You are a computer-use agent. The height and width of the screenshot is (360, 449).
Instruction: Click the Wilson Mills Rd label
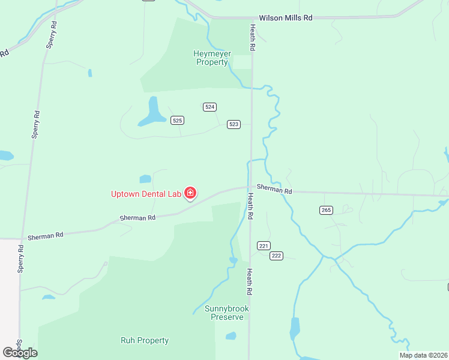click(286, 18)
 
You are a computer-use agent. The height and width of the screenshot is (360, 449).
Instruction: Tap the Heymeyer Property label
click(212, 58)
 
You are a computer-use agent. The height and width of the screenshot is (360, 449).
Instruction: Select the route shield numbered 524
click(209, 107)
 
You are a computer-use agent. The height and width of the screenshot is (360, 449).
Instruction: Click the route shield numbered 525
click(176, 121)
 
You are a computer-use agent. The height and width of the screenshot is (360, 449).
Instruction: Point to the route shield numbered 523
click(234, 124)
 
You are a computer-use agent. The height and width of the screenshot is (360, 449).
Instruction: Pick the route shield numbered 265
click(326, 210)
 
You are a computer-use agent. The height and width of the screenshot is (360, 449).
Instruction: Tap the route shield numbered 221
click(264, 245)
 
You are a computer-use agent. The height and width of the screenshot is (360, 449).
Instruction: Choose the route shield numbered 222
click(276, 256)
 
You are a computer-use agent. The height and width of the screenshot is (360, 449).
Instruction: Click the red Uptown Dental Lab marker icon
click(190, 193)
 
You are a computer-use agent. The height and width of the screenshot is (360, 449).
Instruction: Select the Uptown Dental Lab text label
click(146, 194)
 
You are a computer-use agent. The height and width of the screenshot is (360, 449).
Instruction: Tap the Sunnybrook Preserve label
click(227, 313)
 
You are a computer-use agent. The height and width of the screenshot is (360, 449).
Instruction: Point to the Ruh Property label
click(145, 341)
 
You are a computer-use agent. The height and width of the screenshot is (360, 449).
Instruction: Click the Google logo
click(20, 353)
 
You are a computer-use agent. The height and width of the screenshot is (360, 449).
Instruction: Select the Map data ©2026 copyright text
click(424, 355)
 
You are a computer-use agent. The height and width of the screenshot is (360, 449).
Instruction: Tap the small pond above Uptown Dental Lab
click(145, 179)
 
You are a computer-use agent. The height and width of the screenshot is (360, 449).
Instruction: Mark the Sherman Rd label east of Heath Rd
click(274, 189)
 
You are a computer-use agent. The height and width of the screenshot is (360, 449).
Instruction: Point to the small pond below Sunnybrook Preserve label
click(231, 336)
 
